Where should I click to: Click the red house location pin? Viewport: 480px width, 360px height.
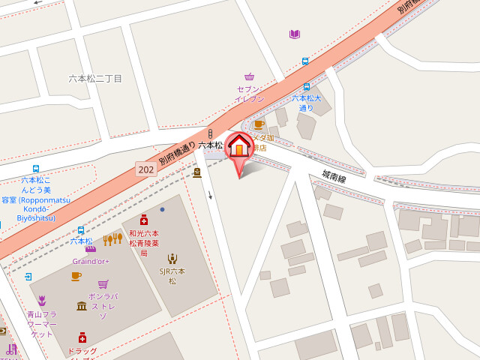tap(239, 147)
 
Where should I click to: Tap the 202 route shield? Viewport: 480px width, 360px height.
tap(146, 170)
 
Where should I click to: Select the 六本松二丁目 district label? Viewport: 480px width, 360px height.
tap(95, 78)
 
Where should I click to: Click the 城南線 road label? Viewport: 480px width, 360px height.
tap(334, 178)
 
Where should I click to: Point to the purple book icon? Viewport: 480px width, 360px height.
tap(295, 34)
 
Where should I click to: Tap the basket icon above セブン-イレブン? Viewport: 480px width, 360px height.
tap(249, 76)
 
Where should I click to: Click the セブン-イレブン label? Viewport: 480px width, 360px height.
tap(250, 94)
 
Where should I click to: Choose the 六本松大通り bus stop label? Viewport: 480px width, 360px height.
tap(306, 103)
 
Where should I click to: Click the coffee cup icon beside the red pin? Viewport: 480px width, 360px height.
tap(259, 124)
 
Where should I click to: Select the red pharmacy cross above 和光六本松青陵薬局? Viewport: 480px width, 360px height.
tap(143, 220)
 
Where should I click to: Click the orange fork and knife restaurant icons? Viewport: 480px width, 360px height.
tap(112, 239)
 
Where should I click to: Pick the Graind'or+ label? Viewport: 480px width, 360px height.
tap(91, 261)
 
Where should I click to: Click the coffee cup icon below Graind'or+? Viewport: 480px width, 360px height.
tap(76, 276)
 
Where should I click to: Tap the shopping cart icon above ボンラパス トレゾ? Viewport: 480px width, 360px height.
tap(103, 284)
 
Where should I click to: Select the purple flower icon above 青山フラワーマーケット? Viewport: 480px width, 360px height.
tap(42, 301)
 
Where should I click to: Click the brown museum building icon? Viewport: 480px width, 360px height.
tap(82, 305)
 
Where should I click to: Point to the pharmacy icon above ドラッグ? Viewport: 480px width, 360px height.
tap(82, 337)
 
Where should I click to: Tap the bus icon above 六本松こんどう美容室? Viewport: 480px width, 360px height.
tap(36, 169)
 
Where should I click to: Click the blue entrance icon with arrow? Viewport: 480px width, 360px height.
tap(28, 277)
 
